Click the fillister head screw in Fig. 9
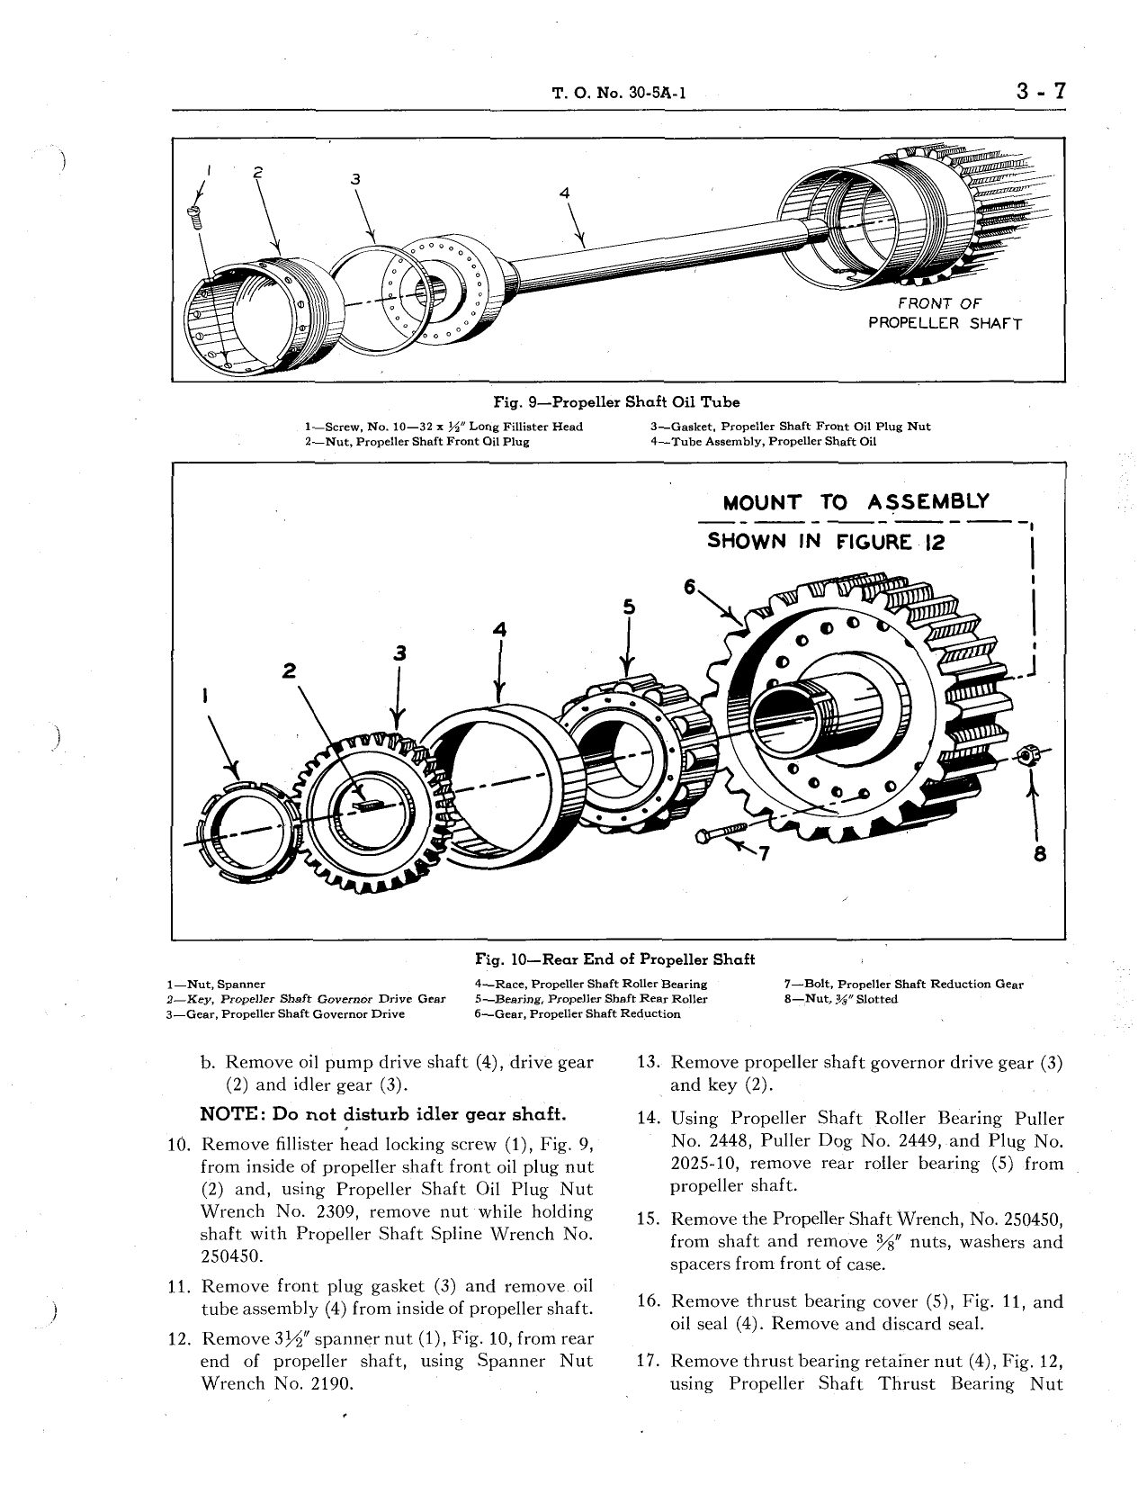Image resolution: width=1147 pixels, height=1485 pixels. (193, 212)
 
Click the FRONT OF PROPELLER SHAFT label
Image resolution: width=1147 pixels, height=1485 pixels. (944, 313)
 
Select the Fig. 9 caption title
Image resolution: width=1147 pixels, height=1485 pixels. (616, 402)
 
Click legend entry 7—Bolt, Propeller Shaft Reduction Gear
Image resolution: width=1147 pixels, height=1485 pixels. (904, 984)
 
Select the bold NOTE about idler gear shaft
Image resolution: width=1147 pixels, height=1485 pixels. (382, 1114)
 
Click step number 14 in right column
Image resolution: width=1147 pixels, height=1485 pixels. (649, 1120)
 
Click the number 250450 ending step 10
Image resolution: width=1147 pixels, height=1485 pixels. (230, 1256)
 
